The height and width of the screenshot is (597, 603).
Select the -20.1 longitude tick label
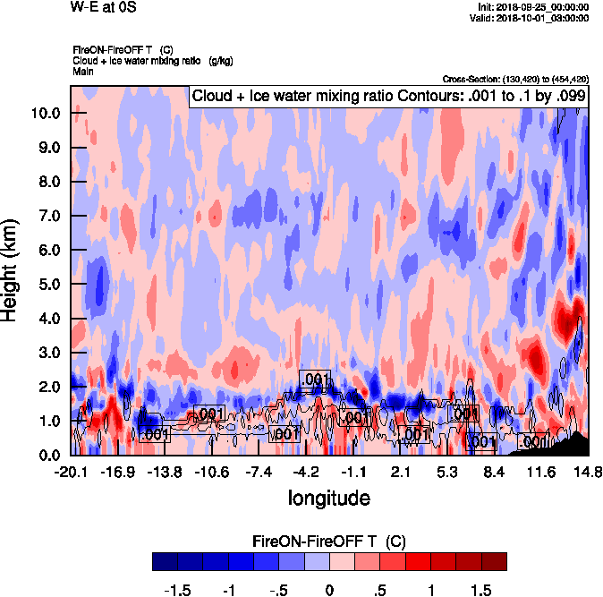pyautogui.click(x=71, y=473)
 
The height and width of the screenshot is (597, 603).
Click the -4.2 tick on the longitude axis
pyautogui.click(x=306, y=473)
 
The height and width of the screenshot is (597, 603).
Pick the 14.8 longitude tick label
pyautogui.click(x=586, y=473)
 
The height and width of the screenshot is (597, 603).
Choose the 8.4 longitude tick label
pyautogui.click(x=494, y=473)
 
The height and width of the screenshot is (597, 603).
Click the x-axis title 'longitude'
pyautogui.click(x=328, y=498)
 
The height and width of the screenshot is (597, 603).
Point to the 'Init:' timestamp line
pyautogui.click(x=533, y=7)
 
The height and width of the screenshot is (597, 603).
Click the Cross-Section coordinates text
pyautogui.click(x=515, y=79)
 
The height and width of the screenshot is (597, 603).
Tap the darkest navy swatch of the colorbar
pyautogui.click(x=165, y=562)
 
